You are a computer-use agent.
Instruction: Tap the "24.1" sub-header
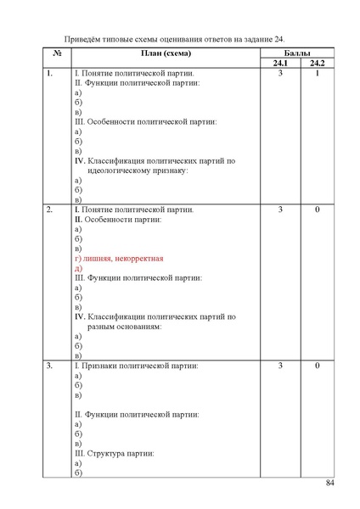pyautogui.click(x=279, y=64)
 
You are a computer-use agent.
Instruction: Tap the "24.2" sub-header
pyautogui.click(x=316, y=64)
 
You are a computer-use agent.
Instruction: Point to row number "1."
pyautogui.click(x=50, y=75)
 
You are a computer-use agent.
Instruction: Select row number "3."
pyautogui.click(x=50, y=366)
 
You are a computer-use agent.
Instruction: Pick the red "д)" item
pyautogui.click(x=78, y=268)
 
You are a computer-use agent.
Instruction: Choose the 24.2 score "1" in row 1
pyautogui.click(x=316, y=75)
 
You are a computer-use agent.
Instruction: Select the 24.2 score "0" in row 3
pyautogui.click(x=316, y=366)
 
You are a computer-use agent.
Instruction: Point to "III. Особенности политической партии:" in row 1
pyautogui.click(x=145, y=122)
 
